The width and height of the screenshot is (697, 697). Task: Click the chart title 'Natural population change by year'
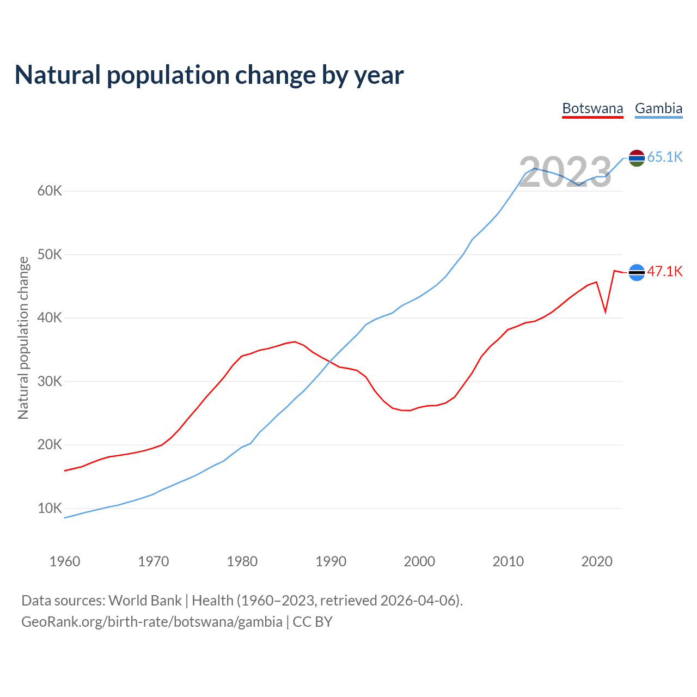(x=209, y=75)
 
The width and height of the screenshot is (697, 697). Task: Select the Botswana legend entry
(x=592, y=108)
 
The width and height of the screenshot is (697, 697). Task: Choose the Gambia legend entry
(x=658, y=108)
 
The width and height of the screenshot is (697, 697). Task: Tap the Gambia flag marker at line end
(x=637, y=158)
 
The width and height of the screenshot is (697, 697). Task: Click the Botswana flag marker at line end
(x=637, y=272)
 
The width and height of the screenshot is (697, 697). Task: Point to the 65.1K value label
(x=665, y=157)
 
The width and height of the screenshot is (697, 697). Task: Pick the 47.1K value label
(x=665, y=271)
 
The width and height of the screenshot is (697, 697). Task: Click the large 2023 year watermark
(x=565, y=173)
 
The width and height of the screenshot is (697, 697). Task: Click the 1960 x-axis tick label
(x=65, y=561)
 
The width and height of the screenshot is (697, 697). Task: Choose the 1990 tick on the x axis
(x=331, y=561)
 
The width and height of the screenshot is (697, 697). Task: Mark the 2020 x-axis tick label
(x=597, y=561)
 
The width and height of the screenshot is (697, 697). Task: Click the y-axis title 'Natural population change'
(x=23, y=338)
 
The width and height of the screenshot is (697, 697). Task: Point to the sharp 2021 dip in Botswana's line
(x=606, y=312)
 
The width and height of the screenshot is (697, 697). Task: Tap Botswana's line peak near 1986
(x=295, y=342)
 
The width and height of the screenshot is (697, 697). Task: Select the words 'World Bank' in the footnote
(x=145, y=601)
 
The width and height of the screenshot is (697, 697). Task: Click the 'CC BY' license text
(x=313, y=622)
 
